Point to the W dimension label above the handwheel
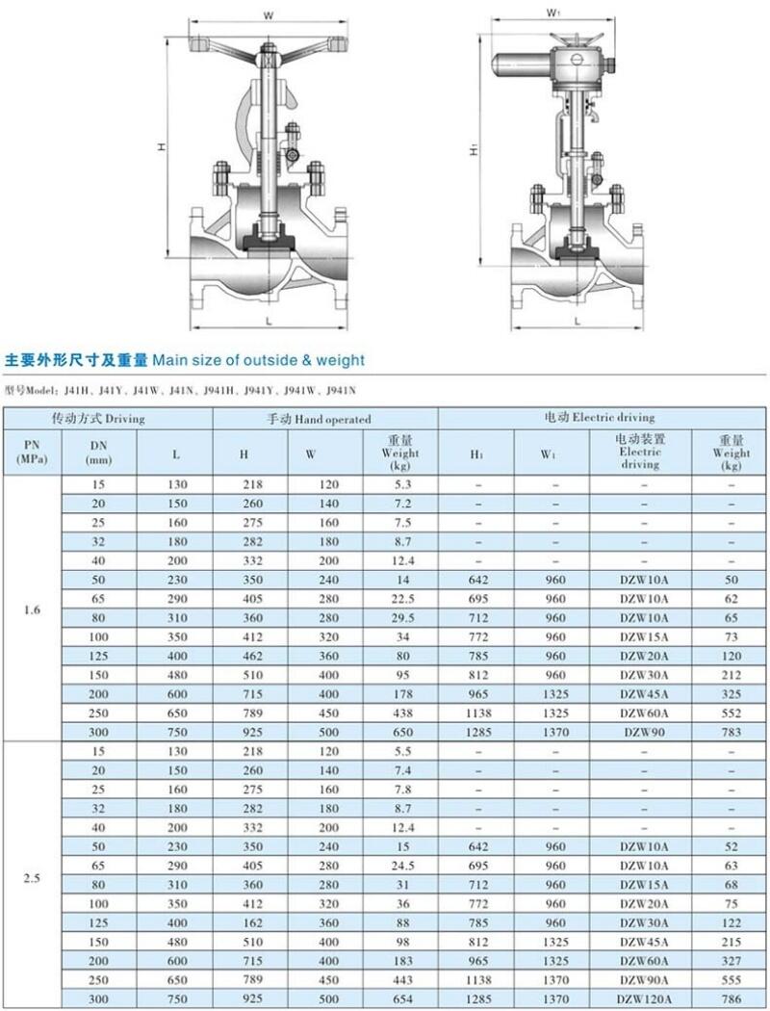tap(270, 14)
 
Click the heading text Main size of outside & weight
tap(259, 360)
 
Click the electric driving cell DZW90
tap(640, 732)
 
